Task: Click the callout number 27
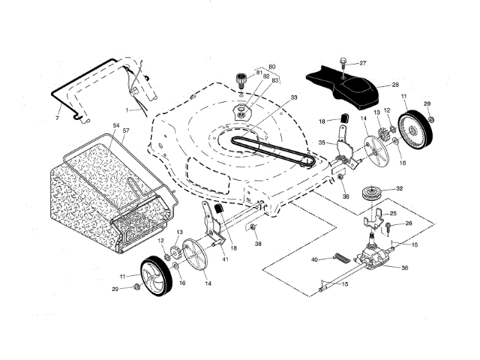pyautogui.click(x=362, y=63)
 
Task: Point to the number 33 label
pyautogui.click(x=294, y=97)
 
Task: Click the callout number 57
pyautogui.click(x=126, y=130)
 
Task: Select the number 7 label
pyautogui.click(x=58, y=119)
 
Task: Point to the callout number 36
pyautogui.click(x=405, y=268)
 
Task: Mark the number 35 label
pyautogui.click(x=322, y=141)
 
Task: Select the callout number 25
pyautogui.click(x=392, y=214)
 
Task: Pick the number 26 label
pyautogui.click(x=409, y=223)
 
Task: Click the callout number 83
pyautogui.click(x=275, y=81)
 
